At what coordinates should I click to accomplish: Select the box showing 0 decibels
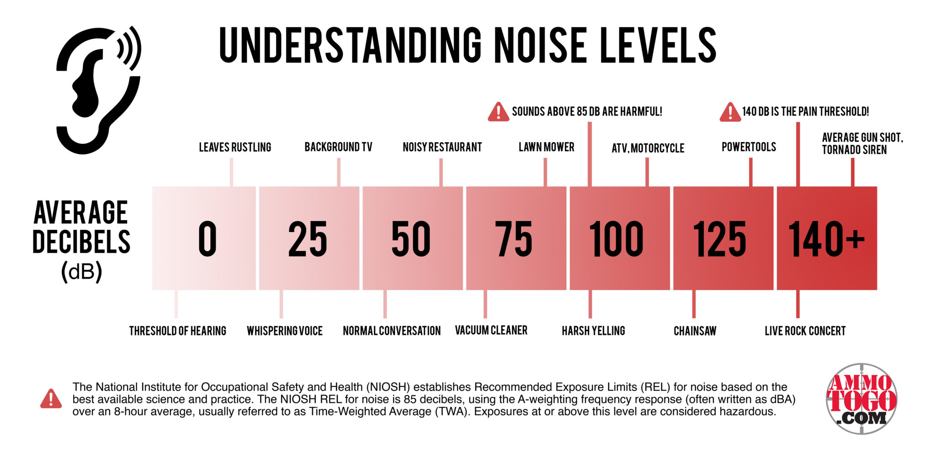pyautogui.click(x=204, y=238)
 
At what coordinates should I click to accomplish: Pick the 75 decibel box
pyautogui.click(x=516, y=238)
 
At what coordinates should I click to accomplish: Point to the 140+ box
pyautogui.click(x=826, y=238)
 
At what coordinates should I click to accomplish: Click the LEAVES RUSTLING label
pyautogui.click(x=235, y=147)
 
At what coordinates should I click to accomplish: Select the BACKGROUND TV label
pyautogui.click(x=338, y=147)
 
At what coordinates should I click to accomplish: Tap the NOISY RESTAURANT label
pyautogui.click(x=442, y=147)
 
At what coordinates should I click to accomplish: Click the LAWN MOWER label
pyautogui.click(x=546, y=147)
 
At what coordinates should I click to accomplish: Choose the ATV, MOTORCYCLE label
pyautogui.click(x=648, y=148)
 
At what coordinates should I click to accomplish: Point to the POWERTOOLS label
pyautogui.click(x=749, y=147)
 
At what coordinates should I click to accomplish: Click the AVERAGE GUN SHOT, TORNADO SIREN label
pyautogui.click(x=862, y=143)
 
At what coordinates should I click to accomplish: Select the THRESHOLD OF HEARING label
pyautogui.click(x=177, y=331)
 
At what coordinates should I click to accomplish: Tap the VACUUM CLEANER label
pyautogui.click(x=491, y=330)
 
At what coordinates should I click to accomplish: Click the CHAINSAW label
pyautogui.click(x=695, y=331)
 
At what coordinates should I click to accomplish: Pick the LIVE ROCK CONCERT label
pyautogui.click(x=805, y=331)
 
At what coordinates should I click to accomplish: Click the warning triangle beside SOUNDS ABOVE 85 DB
pyautogui.click(x=498, y=112)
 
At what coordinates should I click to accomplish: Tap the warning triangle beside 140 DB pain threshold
pyautogui.click(x=730, y=112)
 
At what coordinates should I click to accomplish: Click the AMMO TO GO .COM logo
pyautogui.click(x=862, y=399)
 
